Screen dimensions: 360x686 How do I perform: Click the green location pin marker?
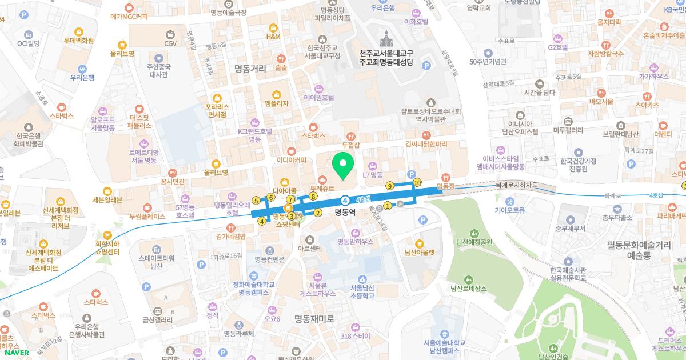click(x=344, y=166)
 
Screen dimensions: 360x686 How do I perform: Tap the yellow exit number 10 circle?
click(x=417, y=183)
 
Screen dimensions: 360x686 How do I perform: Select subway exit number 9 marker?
click(x=390, y=186)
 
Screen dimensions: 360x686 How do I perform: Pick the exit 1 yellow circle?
click(x=388, y=206)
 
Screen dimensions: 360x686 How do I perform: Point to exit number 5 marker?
click(x=256, y=201)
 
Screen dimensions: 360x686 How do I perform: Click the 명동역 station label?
click(x=345, y=211)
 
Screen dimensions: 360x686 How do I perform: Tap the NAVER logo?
click(x=15, y=353)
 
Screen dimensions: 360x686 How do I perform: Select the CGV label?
click(x=170, y=43)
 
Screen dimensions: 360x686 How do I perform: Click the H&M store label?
click(x=273, y=37)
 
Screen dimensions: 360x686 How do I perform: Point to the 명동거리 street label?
click(x=250, y=69)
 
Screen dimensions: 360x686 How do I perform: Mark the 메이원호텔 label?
click(x=319, y=98)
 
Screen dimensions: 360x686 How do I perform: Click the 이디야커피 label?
click(x=291, y=160)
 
